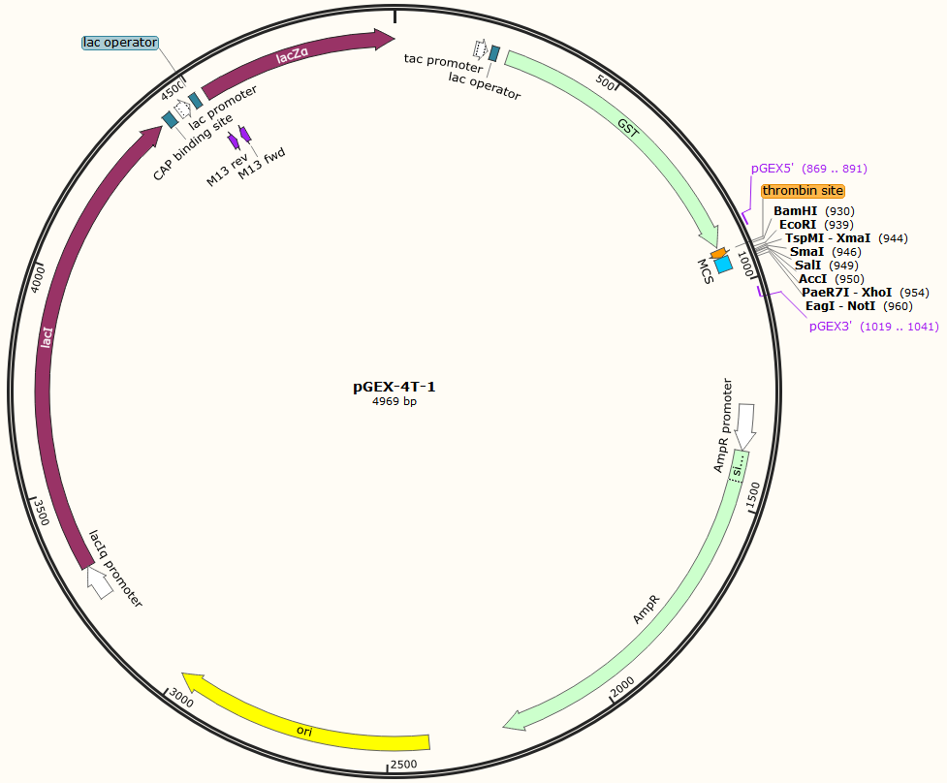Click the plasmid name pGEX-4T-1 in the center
pyautogui.click(x=394, y=387)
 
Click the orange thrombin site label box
pyautogui.click(x=803, y=191)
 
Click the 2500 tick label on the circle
pyautogui.click(x=403, y=765)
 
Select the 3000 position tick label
pyautogui.click(x=180, y=698)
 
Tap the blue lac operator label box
pyautogui.click(x=120, y=43)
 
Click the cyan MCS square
pyautogui.click(x=723, y=264)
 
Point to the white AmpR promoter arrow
pyautogui.click(x=745, y=425)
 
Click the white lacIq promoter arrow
pyautogui.click(x=100, y=581)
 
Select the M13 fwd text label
pyautogui.click(x=262, y=164)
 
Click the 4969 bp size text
pyautogui.click(x=395, y=401)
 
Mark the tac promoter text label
pyautogui.click(x=443, y=62)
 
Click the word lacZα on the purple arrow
pyautogui.click(x=293, y=55)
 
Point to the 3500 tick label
pyautogui.click(x=41, y=512)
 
